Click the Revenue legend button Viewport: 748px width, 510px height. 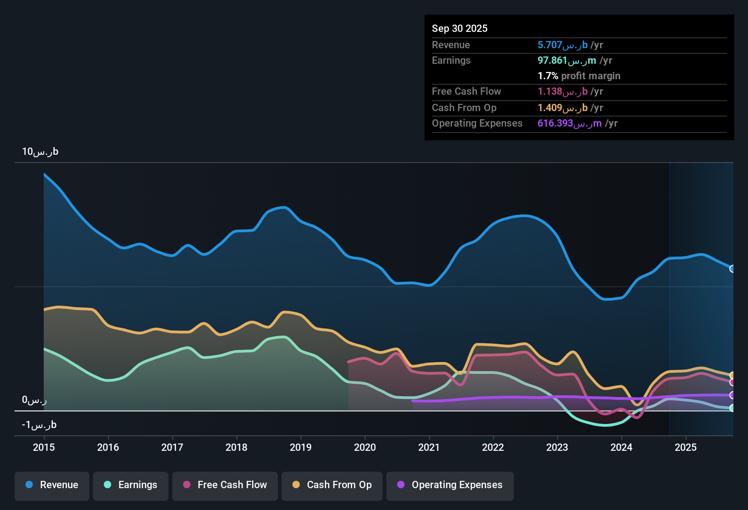point(52,485)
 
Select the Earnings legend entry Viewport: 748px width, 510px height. point(131,485)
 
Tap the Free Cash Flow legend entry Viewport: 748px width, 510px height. point(225,485)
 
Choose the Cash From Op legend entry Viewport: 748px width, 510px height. point(332,485)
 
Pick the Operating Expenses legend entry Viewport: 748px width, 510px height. point(450,485)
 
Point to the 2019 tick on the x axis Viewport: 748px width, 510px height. point(301,447)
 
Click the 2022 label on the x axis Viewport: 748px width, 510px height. point(493,447)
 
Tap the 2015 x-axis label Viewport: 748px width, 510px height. point(44,447)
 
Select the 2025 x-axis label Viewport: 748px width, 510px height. point(686,447)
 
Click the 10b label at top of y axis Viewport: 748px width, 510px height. point(40,152)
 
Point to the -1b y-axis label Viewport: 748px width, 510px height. point(39,425)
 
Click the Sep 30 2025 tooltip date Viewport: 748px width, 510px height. point(460,28)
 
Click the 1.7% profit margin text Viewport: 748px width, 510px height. point(579,76)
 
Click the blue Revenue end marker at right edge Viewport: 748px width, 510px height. point(733,269)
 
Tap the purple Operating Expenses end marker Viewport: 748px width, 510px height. point(733,395)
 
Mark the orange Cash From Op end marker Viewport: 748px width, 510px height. point(733,375)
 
